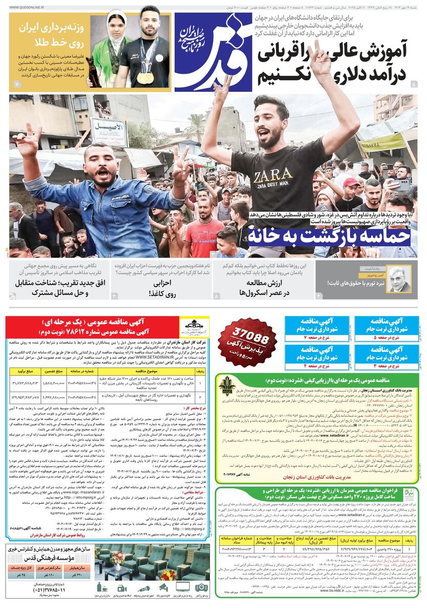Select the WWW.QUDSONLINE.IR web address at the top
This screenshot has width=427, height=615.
point(31,8)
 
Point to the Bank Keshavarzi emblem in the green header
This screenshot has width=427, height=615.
point(227,385)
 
